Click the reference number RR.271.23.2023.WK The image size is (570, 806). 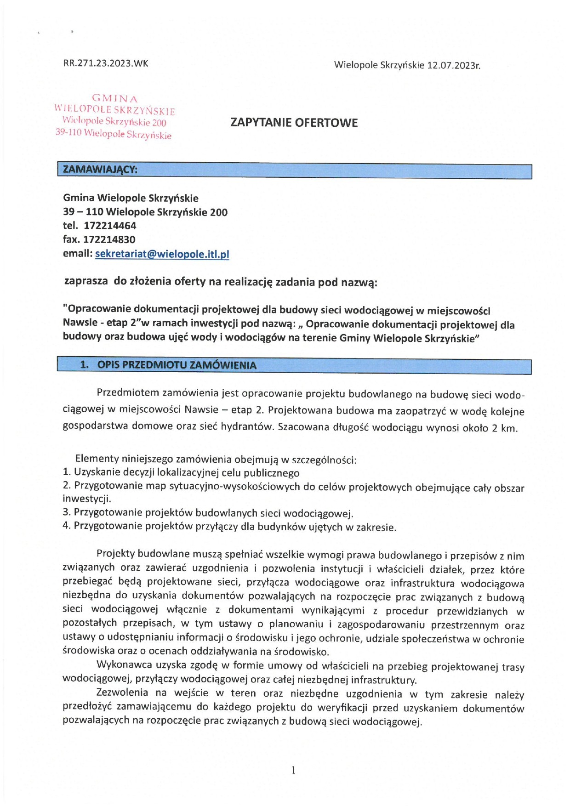point(106,64)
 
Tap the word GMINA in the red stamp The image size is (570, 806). point(115,98)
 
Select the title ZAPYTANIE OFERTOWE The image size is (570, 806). point(294,123)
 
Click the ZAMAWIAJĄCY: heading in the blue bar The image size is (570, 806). point(100,170)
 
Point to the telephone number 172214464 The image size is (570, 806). point(110,226)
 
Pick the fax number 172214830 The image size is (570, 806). point(109,239)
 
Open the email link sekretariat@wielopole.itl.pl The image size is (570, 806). point(162,254)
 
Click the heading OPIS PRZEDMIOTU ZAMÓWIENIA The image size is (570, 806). point(177,365)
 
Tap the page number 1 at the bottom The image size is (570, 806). point(293,770)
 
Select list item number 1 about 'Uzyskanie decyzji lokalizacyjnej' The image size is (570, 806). point(181,473)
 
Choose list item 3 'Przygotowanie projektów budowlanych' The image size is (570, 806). point(208,513)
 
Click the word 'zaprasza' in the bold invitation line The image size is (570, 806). point(86,281)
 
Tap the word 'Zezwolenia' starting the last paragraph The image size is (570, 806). point(122,692)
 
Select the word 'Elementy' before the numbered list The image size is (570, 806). point(97,459)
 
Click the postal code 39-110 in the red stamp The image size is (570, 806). point(68,132)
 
